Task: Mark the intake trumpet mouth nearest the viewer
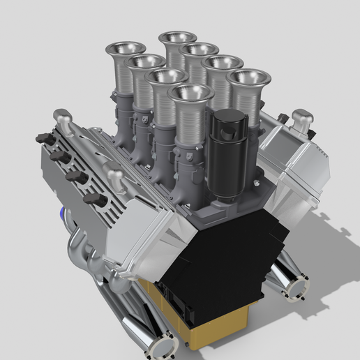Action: pos(190,92)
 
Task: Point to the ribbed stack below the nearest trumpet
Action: pos(188,126)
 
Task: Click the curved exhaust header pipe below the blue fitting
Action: pos(80,244)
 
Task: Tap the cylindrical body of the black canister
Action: pos(228,153)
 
